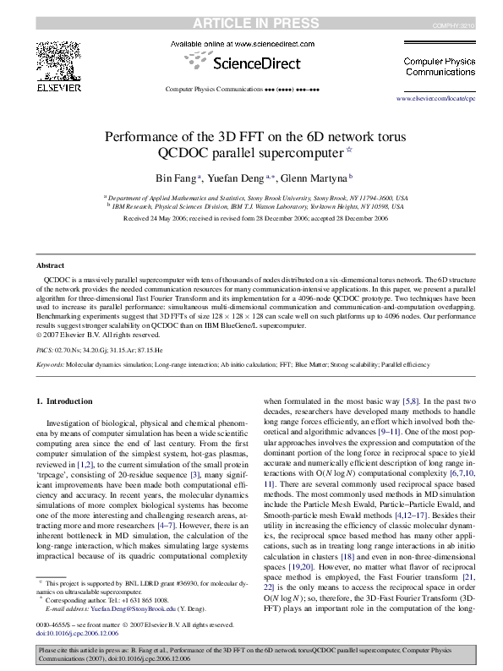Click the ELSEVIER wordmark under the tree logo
pos(57,87)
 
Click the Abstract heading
pos(51,265)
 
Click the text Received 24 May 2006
pos(161,218)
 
